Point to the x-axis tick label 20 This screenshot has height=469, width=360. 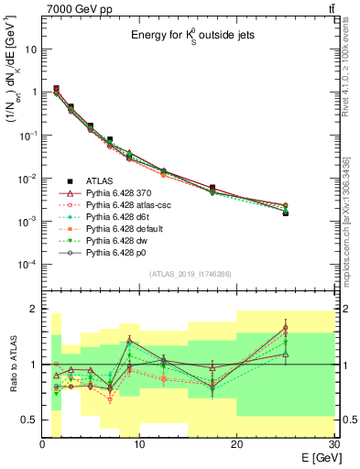pos(237,446)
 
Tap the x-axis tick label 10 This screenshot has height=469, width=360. pos(140,446)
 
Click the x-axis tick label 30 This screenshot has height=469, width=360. pos(333,446)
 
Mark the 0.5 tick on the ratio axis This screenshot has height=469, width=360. pos(30,420)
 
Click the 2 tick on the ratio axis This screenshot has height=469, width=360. pos(34,309)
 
